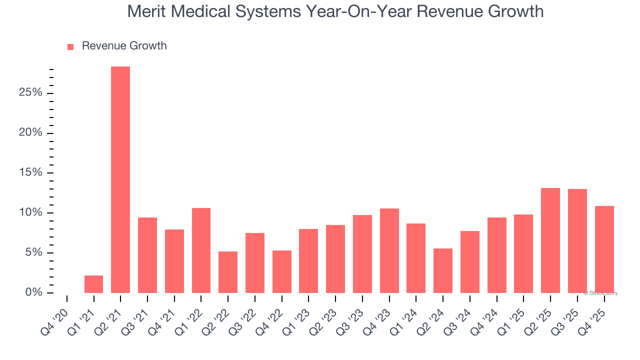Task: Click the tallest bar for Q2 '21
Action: point(120,179)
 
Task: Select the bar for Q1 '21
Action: point(93,284)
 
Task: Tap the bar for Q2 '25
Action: point(550,240)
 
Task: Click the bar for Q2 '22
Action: point(228,272)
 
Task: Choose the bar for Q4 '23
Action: point(389,250)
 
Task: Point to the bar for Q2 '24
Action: point(443,270)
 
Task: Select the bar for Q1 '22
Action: point(201,250)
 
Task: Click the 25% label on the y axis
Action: point(30,93)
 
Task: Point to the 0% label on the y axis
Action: point(33,292)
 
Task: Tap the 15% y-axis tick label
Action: point(30,173)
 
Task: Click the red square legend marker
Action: point(70,46)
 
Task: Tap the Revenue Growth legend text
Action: point(124,46)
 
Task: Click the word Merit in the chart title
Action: point(146,11)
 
